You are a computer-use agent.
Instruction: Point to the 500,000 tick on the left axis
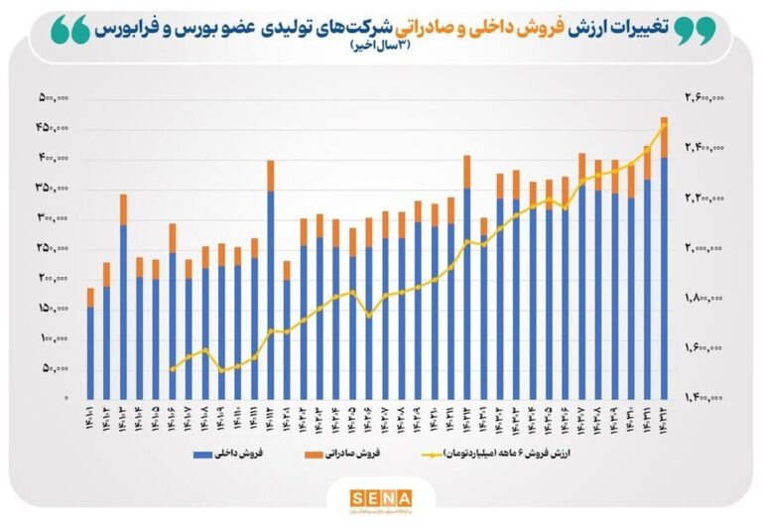click(x=54, y=98)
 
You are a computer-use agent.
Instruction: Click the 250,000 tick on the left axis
click(x=54, y=248)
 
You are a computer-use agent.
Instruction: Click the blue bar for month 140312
click(x=664, y=278)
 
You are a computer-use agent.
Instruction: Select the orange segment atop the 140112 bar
click(x=270, y=176)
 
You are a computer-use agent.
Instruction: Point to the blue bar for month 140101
click(x=90, y=352)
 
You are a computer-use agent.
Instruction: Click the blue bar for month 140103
click(x=123, y=311)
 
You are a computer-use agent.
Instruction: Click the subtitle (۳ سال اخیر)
click(x=380, y=50)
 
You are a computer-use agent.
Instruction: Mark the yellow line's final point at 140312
click(x=664, y=124)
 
